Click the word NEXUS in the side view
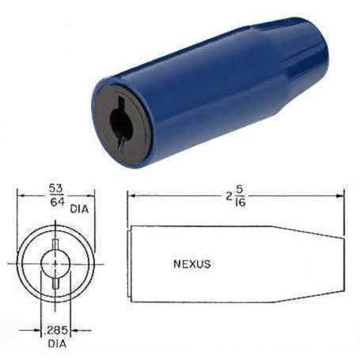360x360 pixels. click(191, 264)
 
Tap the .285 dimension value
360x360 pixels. click(55, 330)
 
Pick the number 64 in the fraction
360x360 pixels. click(55, 202)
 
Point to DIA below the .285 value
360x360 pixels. click(55, 343)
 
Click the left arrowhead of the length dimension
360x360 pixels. click(131, 195)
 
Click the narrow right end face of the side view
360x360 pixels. click(343, 263)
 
